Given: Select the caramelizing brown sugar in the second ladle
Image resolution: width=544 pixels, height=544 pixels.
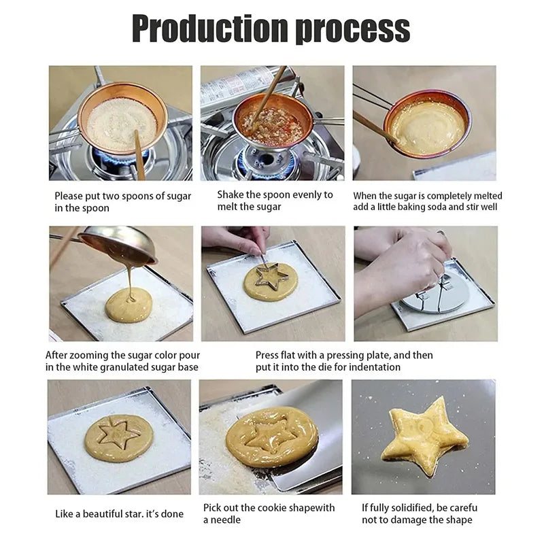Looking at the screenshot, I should point(273,126).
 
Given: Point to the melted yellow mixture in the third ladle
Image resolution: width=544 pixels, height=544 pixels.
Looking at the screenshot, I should point(425,126).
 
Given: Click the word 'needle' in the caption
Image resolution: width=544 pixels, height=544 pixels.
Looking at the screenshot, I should point(228,520).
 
